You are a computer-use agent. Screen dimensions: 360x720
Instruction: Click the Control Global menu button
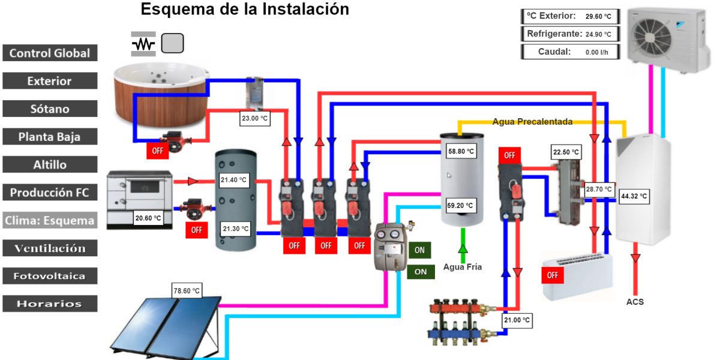pos(50,53)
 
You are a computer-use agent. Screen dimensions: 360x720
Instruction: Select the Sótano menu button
pos(50,109)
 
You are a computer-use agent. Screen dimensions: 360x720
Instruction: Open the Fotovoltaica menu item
pos(50,276)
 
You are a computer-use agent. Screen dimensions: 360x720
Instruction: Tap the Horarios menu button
pos(50,304)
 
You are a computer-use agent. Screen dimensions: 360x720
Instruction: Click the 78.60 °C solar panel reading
pos(187,290)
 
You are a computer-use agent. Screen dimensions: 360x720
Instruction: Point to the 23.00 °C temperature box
pos(254,119)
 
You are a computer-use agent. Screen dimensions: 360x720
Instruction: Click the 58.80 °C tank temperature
pos(461,151)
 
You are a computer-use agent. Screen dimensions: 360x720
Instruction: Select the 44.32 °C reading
pos(634,196)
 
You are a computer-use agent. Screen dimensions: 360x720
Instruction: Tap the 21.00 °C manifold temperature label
pos(517,320)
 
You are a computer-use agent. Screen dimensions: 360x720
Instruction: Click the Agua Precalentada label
pos(532,122)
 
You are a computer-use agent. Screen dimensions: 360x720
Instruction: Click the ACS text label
pos(635,302)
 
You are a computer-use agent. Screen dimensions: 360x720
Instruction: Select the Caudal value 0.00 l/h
pos(596,52)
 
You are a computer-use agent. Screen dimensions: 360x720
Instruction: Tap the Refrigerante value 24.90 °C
pos(599,34)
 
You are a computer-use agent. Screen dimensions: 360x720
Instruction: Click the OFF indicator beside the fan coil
pos(553,275)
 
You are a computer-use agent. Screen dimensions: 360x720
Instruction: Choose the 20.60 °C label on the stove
pos(148,218)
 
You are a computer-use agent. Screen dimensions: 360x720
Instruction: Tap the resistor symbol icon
pos(143,44)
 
